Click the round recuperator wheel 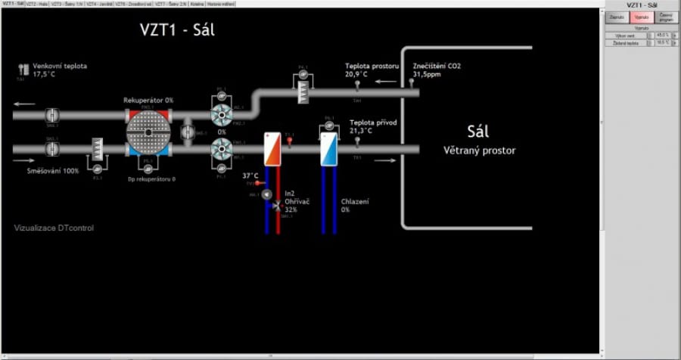point(149,132)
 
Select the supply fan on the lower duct point(222,149)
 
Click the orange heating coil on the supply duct point(271,149)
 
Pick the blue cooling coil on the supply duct point(328,149)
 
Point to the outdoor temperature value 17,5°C point(45,74)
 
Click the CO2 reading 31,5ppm point(426,74)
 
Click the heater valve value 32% point(291,209)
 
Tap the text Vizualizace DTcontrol point(54,228)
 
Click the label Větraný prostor point(479,151)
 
